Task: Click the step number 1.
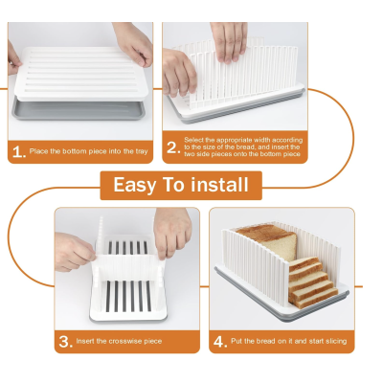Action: pos(18,152)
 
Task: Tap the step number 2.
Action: pos(173,147)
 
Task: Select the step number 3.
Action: pos(65,342)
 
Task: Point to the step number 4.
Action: pos(220,342)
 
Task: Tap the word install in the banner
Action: pos(219,185)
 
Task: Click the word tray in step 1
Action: pos(142,151)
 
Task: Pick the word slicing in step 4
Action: pos(336,342)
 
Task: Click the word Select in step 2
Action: pos(194,140)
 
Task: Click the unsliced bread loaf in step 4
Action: pos(267,240)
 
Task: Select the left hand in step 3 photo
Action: pos(74,252)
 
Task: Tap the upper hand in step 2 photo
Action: pos(229,40)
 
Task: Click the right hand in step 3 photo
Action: pos(172,231)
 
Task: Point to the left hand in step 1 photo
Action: pos(14,60)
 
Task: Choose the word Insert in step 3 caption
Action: pos(85,341)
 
